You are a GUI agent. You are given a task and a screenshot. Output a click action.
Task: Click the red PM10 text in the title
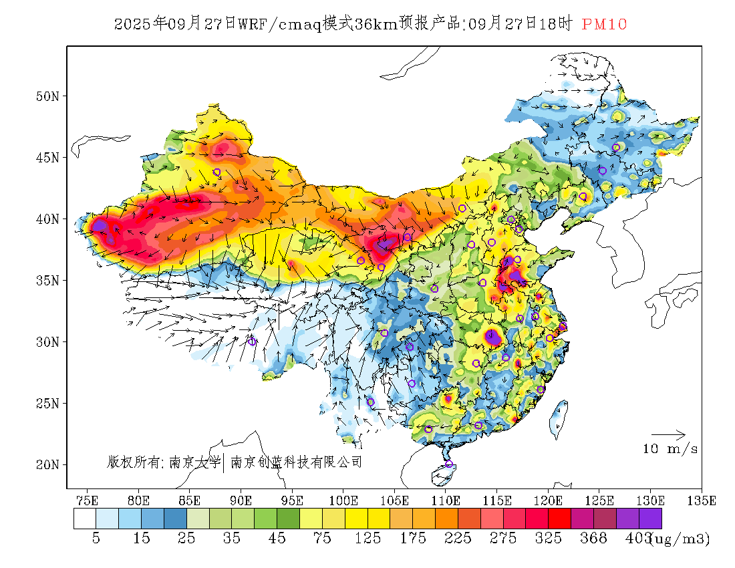(604, 25)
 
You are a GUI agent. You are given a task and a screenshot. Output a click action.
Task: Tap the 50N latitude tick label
(47, 96)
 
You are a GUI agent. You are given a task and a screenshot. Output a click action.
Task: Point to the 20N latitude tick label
(47, 464)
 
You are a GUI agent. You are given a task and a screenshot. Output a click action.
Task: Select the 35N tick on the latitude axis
(47, 280)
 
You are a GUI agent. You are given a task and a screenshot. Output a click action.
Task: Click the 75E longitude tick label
(87, 500)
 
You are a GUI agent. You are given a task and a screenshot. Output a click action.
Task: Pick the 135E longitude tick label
(702, 500)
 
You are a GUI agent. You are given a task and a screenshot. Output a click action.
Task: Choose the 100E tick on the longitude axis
(343, 500)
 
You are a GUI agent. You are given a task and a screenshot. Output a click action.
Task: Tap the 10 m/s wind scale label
(670, 449)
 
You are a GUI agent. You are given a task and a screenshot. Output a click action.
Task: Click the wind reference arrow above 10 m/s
(668, 435)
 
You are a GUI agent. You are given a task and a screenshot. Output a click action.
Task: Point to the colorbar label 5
(96, 539)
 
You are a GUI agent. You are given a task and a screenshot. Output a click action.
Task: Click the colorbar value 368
(593, 539)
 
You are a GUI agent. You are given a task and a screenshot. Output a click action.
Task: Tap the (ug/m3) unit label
(680, 539)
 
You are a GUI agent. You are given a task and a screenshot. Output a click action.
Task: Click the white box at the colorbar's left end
(85, 519)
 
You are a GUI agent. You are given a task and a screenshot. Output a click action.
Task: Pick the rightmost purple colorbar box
(650, 519)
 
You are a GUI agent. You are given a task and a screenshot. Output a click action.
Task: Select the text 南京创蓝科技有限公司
(296, 462)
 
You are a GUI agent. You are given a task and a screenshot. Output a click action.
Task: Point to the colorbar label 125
(368, 539)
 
